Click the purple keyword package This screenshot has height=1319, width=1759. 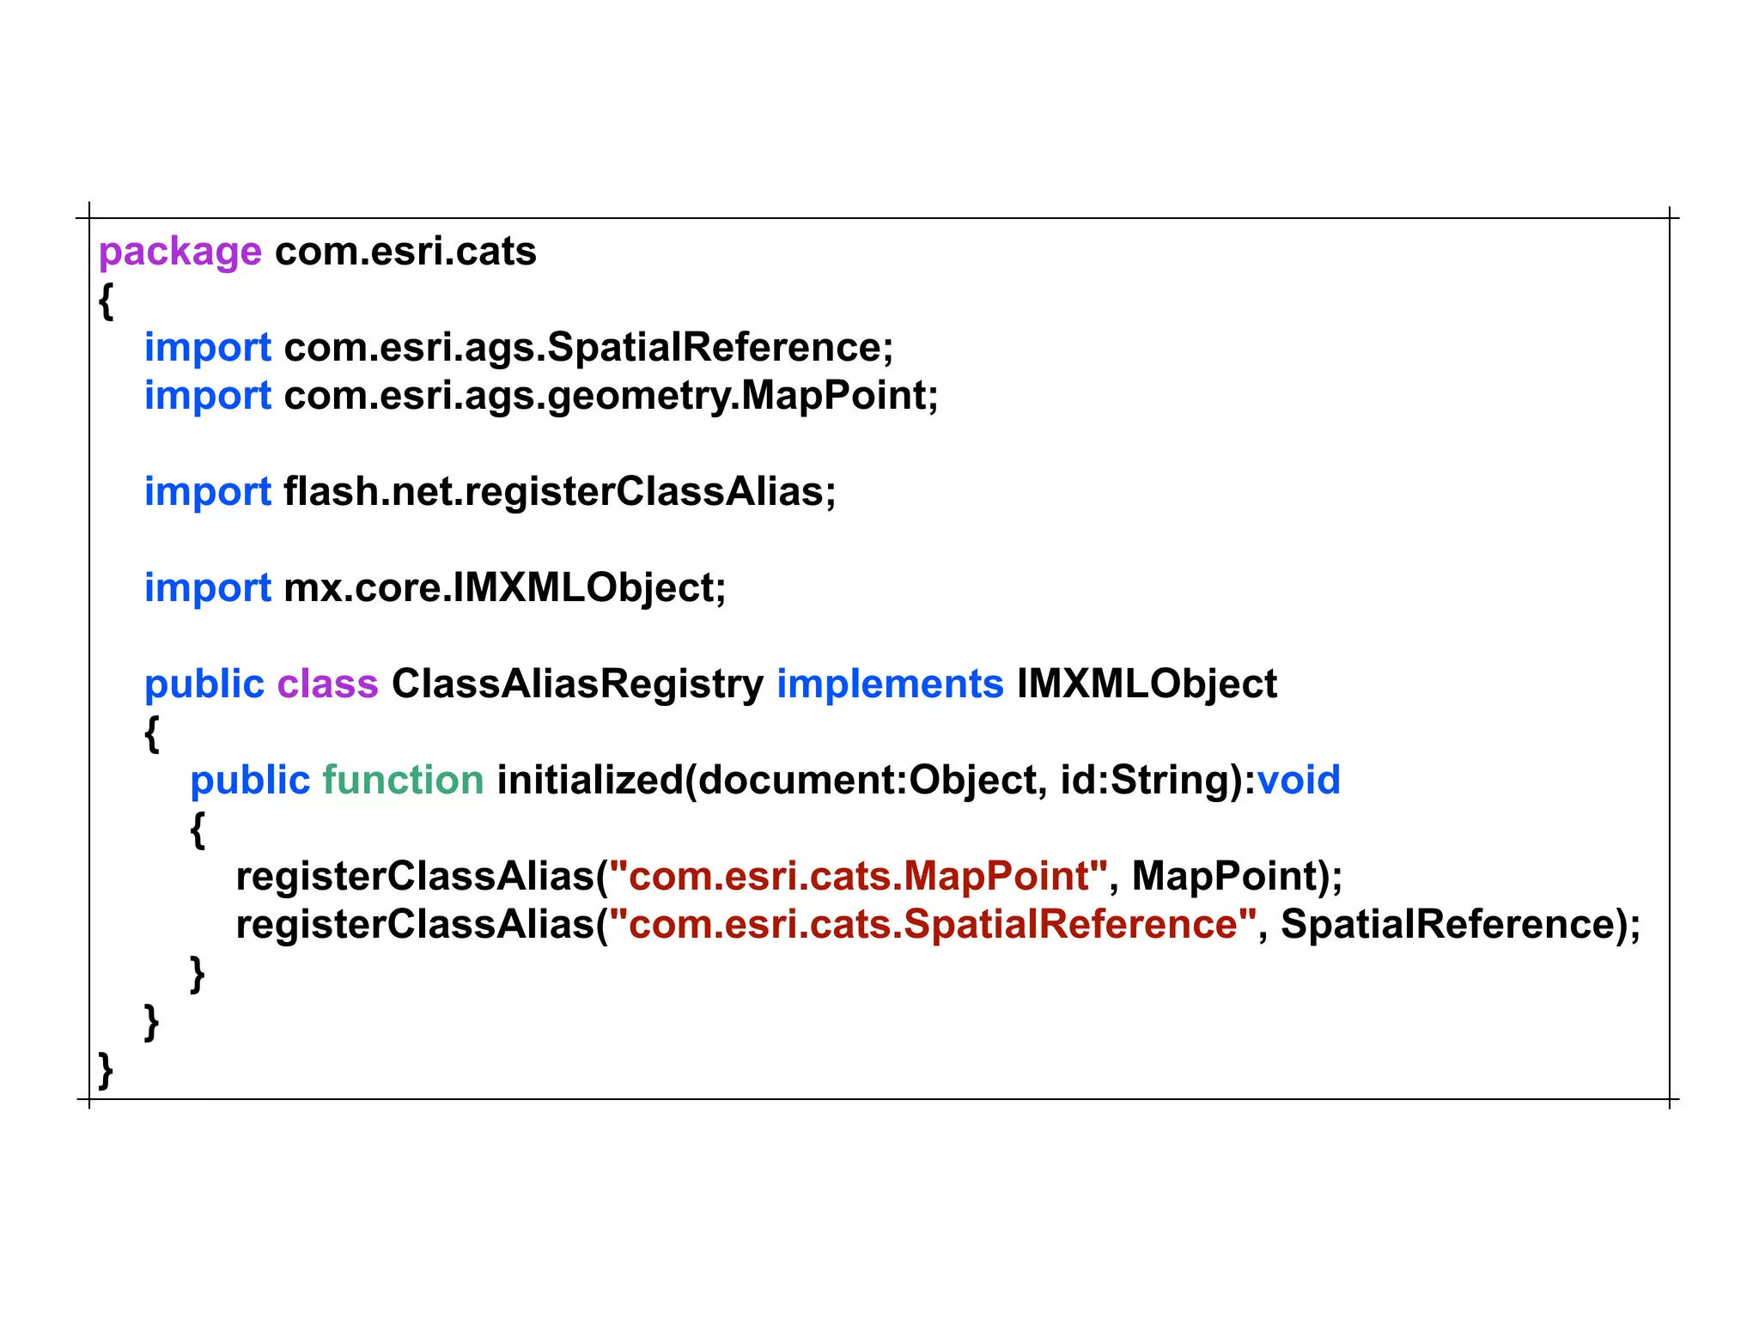coord(180,252)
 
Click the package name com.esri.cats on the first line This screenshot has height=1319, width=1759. coord(405,252)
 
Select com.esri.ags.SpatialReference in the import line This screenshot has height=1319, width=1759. coord(587,348)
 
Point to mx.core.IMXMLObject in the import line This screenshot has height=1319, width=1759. coord(504,588)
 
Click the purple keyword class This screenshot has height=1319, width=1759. coord(327,684)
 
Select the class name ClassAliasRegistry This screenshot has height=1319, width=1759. coord(577,684)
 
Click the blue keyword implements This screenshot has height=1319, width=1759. coord(890,684)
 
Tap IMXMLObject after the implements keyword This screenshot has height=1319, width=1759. coord(1147,684)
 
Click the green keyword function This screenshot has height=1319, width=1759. coord(403,781)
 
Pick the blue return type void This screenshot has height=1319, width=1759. coord(1298,781)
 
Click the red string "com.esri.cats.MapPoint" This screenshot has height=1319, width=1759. coord(858,877)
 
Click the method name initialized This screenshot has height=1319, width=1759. coord(589,781)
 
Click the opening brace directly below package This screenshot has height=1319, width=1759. coord(106,301)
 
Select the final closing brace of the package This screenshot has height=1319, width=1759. coord(106,1070)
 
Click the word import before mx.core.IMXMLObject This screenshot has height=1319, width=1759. coord(207,588)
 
